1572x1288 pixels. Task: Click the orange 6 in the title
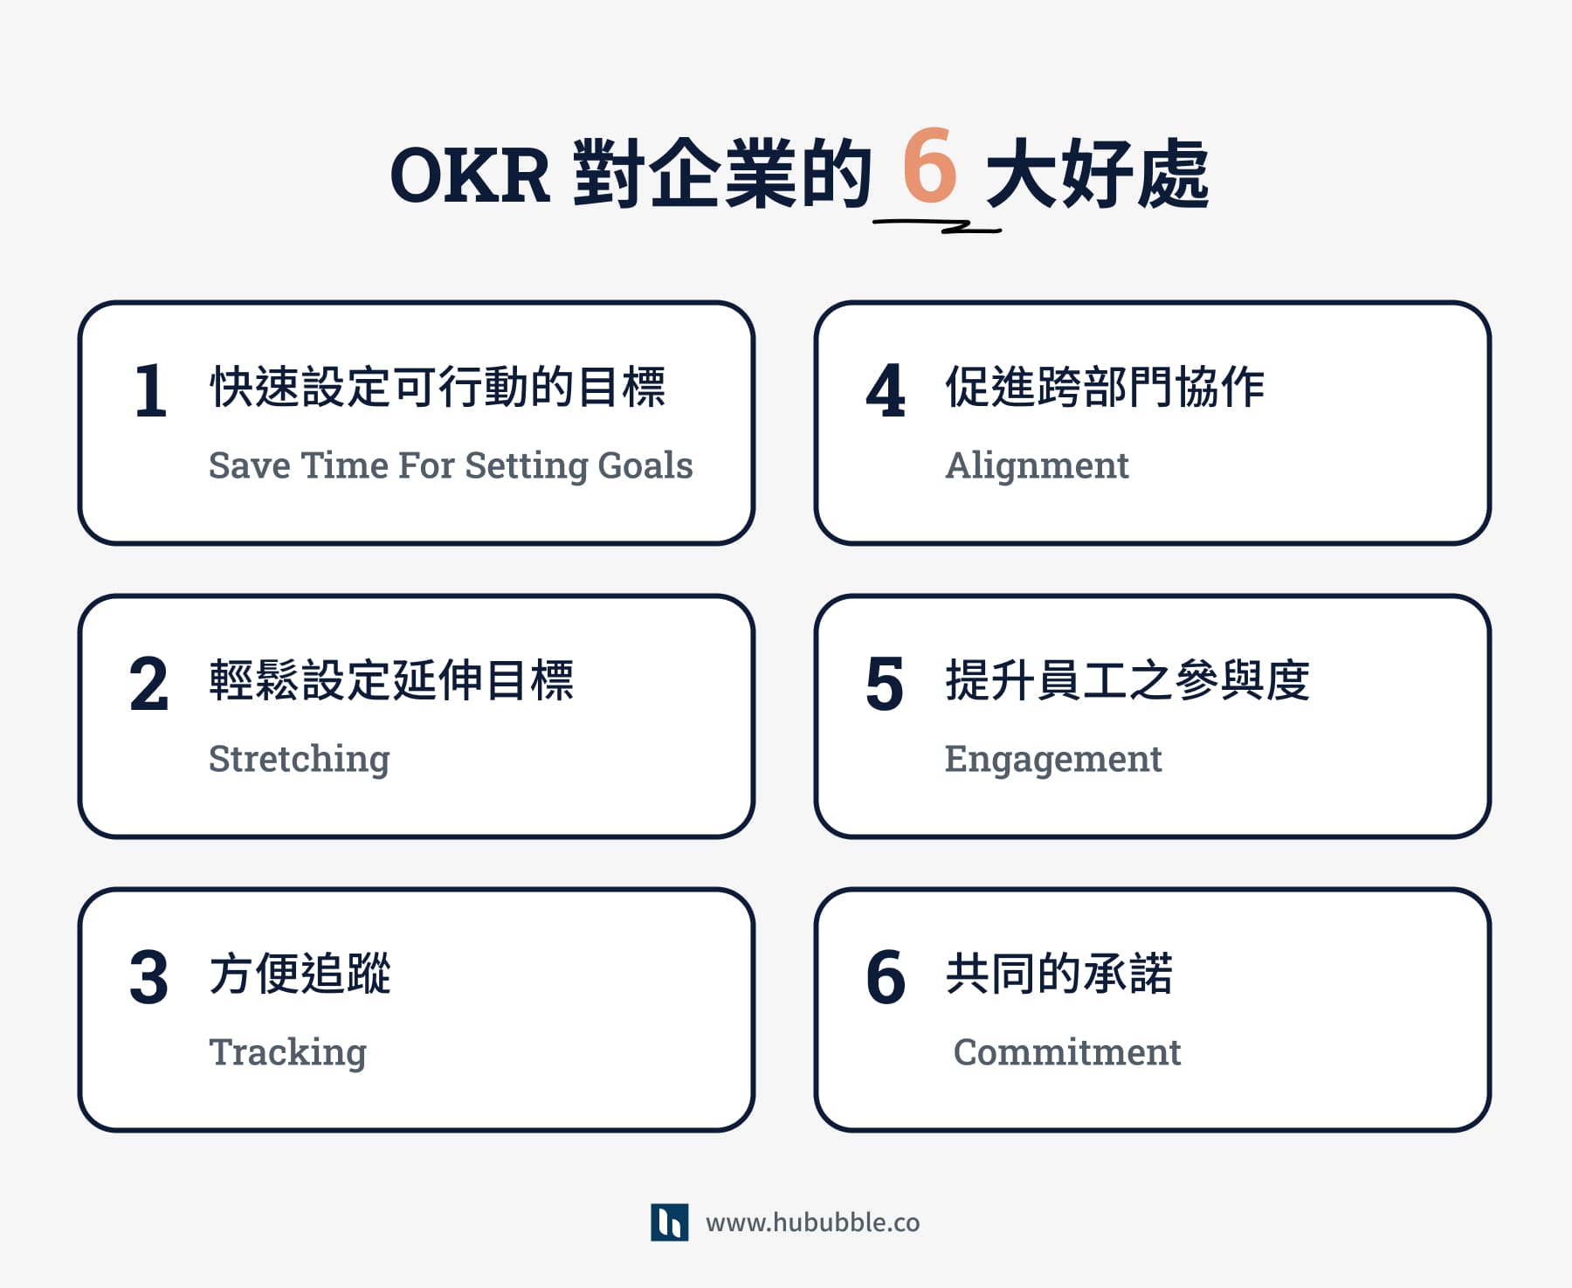[x=929, y=165]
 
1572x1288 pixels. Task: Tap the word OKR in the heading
[x=470, y=176]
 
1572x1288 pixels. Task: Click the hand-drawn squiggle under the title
[x=938, y=226]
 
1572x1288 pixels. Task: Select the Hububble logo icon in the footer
[x=669, y=1222]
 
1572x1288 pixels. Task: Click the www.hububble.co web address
[x=812, y=1223]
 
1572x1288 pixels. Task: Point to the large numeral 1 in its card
[x=150, y=390]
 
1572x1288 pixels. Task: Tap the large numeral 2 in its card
[x=148, y=684]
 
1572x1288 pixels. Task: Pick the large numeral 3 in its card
[x=148, y=977]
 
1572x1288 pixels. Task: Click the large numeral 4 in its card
[x=886, y=390]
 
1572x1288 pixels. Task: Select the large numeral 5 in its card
[x=885, y=684]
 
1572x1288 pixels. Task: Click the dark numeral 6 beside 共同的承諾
[x=886, y=977]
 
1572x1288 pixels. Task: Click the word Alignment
[x=1037, y=466]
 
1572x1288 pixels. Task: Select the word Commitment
[x=1066, y=1052]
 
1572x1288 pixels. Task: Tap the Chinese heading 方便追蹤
[x=300, y=973]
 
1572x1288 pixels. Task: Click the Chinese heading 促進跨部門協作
[x=1105, y=387]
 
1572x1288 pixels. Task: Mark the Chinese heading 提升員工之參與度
[x=1127, y=680]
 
